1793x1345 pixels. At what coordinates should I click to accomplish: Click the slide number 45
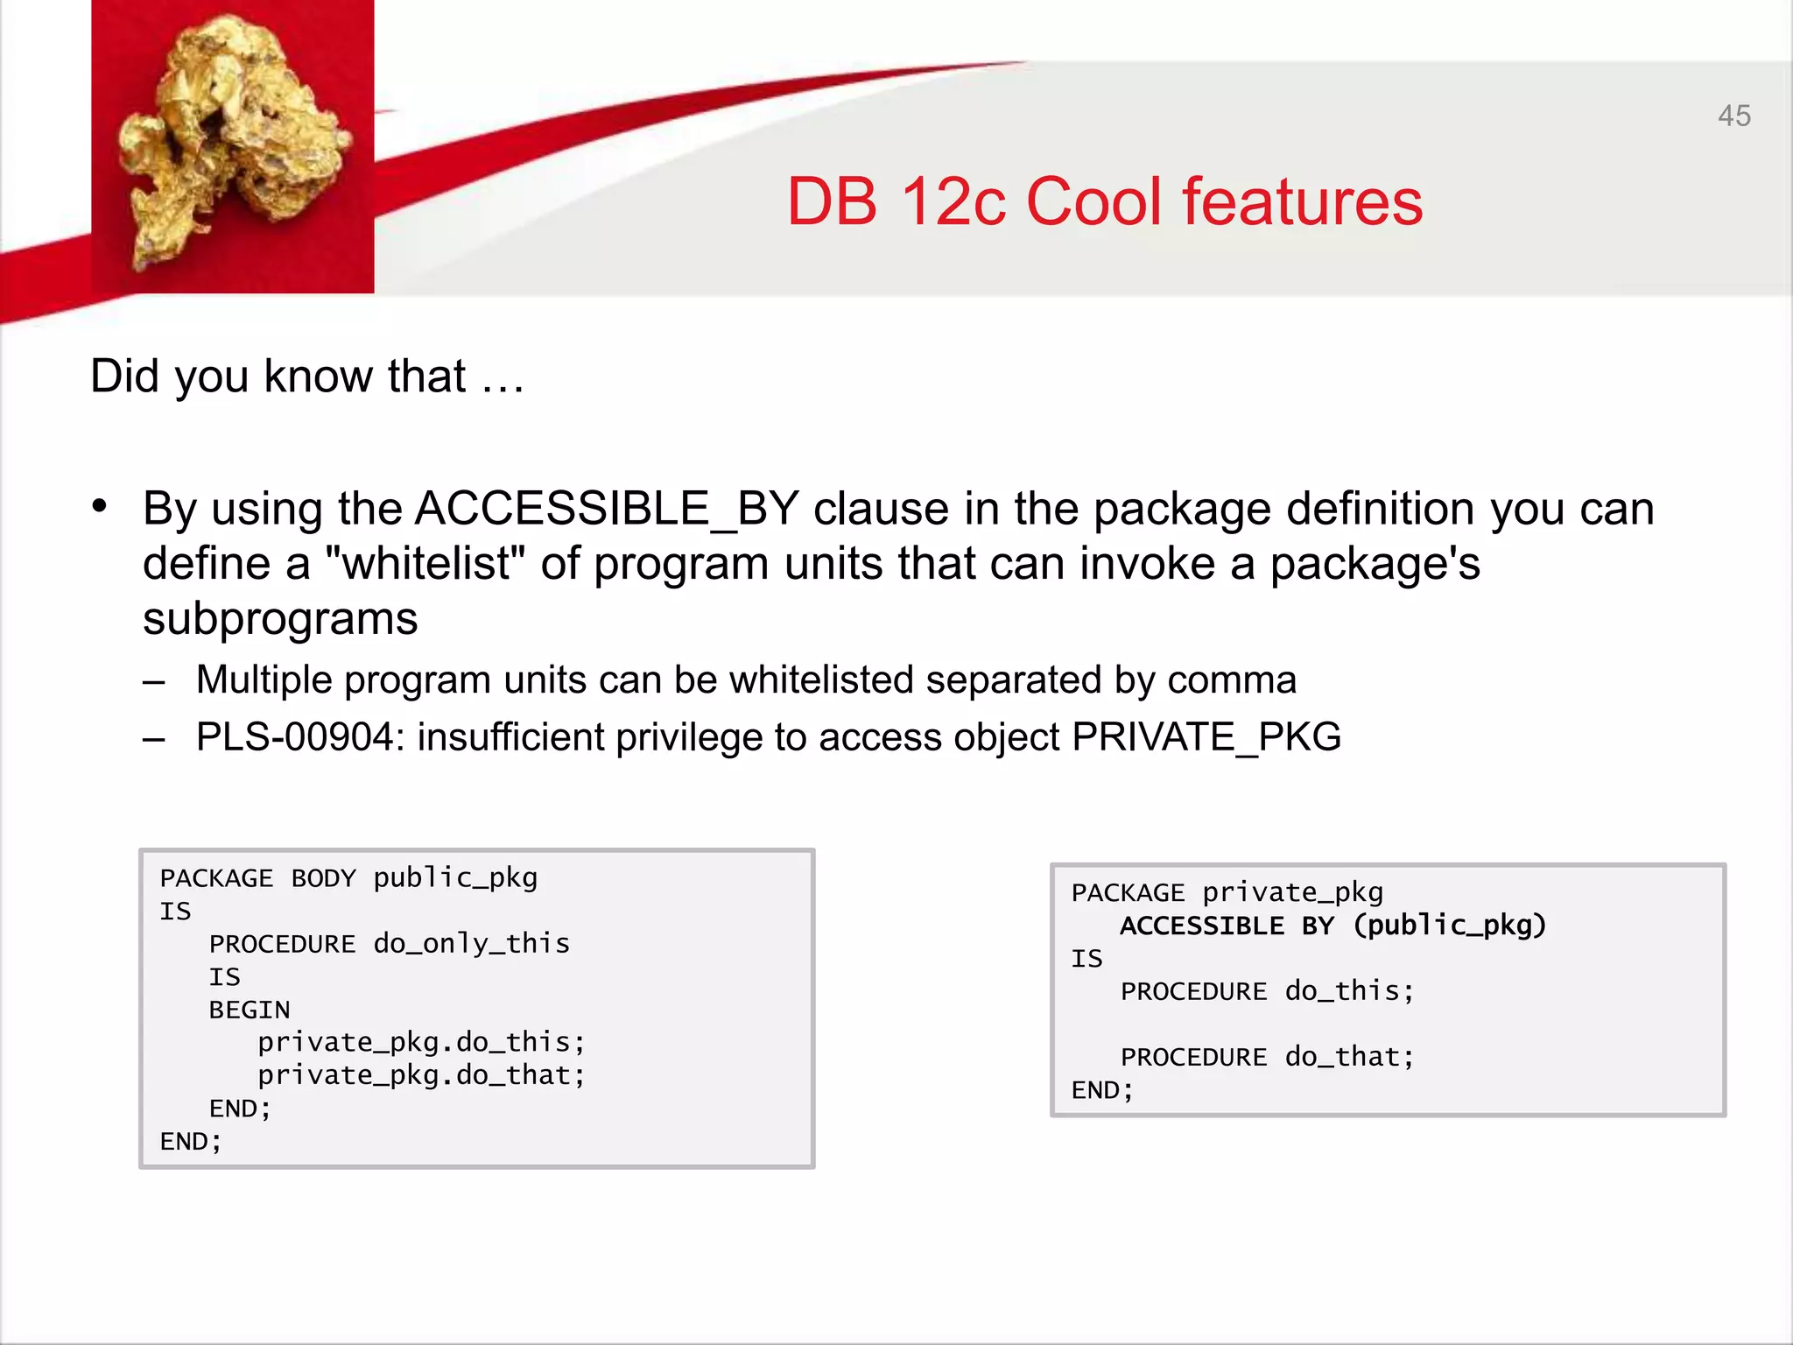click(x=1733, y=116)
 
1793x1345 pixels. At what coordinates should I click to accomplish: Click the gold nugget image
click(x=233, y=146)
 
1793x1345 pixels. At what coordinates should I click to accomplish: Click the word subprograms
click(x=280, y=619)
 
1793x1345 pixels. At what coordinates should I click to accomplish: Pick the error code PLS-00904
click(x=295, y=737)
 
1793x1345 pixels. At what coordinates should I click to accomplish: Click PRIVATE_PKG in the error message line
click(x=1206, y=737)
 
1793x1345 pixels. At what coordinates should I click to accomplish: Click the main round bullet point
click(x=100, y=506)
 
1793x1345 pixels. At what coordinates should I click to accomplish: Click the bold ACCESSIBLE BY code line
click(x=1332, y=926)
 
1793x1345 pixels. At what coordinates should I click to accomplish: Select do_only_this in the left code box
click(x=471, y=944)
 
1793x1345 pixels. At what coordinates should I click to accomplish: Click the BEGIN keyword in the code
click(x=250, y=1011)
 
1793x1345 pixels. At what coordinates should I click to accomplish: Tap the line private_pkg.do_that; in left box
click(x=421, y=1075)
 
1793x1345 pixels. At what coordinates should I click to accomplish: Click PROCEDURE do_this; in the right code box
click(x=1267, y=991)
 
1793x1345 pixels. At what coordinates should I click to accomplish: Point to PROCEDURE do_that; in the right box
click(x=1267, y=1058)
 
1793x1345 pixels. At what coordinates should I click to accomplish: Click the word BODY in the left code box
click(x=323, y=878)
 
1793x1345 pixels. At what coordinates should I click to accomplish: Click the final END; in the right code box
click(x=1102, y=1091)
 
